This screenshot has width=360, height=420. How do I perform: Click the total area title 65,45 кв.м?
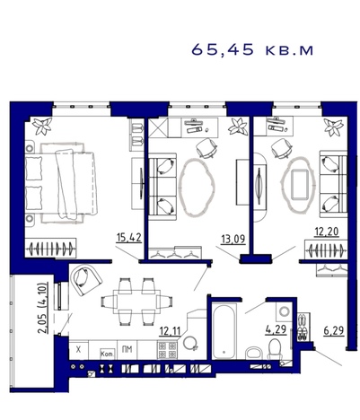(252, 49)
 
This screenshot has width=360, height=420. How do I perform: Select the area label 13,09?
(233, 239)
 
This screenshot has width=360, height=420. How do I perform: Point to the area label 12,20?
(327, 232)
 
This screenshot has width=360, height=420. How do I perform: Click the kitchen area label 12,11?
(170, 331)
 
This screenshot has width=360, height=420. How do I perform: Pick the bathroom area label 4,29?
(276, 329)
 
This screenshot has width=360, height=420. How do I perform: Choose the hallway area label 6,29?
(334, 330)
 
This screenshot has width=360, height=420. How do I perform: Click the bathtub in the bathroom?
(224, 330)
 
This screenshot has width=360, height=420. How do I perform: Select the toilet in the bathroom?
(275, 349)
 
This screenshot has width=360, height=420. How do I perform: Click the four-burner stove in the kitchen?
(167, 350)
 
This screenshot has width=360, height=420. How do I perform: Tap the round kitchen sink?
(190, 344)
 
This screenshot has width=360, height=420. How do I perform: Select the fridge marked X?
(79, 349)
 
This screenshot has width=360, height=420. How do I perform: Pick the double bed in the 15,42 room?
(61, 183)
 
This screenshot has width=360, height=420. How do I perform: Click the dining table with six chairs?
(136, 302)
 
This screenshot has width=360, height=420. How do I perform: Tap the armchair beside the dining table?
(86, 280)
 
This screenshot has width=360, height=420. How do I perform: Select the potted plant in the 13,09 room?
(238, 127)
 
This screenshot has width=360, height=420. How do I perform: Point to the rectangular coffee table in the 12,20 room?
(299, 184)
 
